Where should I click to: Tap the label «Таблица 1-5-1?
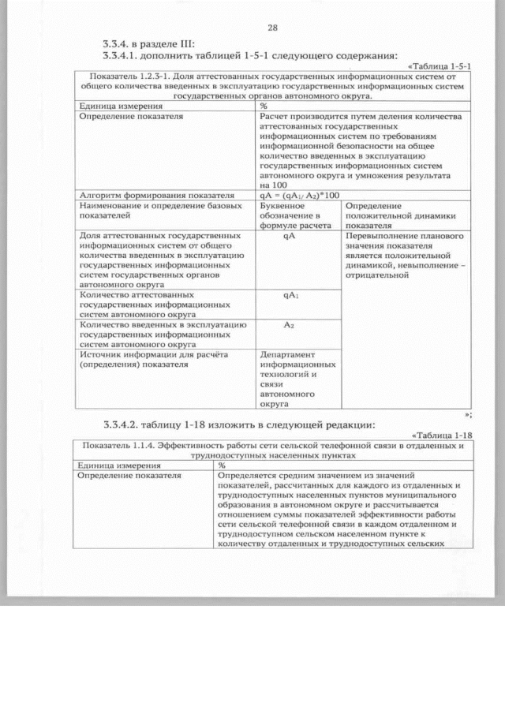coord(441,65)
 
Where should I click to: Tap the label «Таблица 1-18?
coord(442,435)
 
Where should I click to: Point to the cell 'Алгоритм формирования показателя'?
coord(157,195)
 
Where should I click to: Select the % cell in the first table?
coord(264,105)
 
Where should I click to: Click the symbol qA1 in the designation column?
coord(290,295)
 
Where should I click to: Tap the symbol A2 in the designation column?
coord(290,324)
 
